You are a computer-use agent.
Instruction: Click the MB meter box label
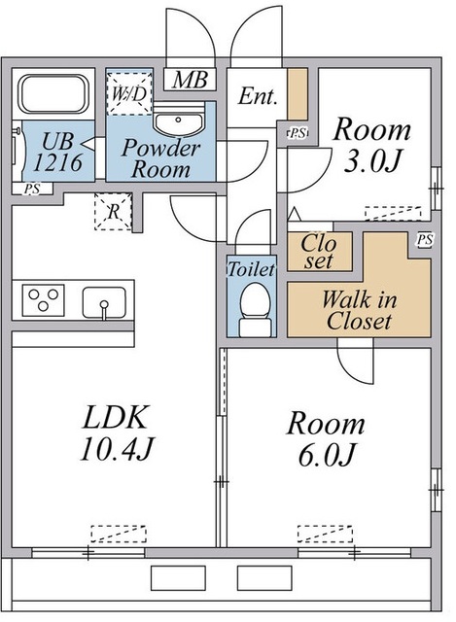(x=191, y=80)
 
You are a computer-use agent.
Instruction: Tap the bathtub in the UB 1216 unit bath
(x=54, y=93)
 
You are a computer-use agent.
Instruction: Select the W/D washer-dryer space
(x=129, y=93)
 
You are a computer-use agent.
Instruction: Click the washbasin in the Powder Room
(x=179, y=119)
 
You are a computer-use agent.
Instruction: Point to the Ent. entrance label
(x=258, y=96)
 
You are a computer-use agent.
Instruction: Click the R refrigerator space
(x=113, y=212)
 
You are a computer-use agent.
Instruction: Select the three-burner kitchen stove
(x=43, y=300)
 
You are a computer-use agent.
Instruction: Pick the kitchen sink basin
(x=104, y=302)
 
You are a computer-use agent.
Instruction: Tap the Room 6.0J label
(x=326, y=438)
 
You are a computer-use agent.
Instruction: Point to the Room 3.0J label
(x=371, y=145)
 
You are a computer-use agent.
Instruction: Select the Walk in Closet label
(x=359, y=310)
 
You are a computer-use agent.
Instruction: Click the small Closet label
(x=319, y=252)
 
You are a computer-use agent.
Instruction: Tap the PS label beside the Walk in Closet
(x=425, y=240)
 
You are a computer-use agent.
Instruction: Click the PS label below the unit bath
(x=32, y=189)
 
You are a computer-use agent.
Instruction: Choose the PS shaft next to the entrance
(x=298, y=133)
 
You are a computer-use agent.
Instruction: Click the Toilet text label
(x=251, y=269)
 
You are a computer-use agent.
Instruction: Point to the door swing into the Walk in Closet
(x=356, y=361)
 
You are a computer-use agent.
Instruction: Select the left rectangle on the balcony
(x=178, y=577)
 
